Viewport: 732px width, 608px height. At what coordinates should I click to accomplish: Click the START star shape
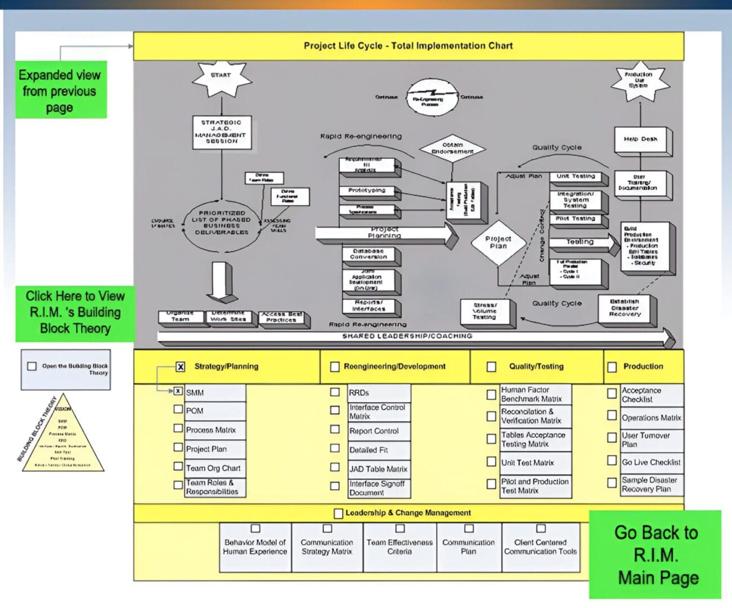pyautogui.click(x=221, y=77)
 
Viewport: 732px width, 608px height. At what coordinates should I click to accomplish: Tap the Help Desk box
pyautogui.click(x=640, y=140)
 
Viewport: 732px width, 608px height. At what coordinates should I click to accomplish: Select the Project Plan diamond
pyautogui.click(x=498, y=243)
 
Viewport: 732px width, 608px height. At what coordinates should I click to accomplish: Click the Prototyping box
pyautogui.click(x=367, y=191)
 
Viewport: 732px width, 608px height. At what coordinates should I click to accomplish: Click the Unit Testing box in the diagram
pyautogui.click(x=576, y=177)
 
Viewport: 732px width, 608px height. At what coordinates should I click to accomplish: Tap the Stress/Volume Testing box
pyautogui.click(x=484, y=311)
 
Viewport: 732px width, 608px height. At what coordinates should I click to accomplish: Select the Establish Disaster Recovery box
pyautogui.click(x=625, y=308)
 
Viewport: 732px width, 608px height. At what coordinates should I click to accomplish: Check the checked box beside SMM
pyautogui.click(x=178, y=391)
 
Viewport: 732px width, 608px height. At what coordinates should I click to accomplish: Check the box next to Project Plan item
pyautogui.click(x=178, y=448)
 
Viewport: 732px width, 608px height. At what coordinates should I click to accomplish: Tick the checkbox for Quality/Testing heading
pyautogui.click(x=491, y=366)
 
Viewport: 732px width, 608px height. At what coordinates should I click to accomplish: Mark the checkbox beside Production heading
pyautogui.click(x=612, y=367)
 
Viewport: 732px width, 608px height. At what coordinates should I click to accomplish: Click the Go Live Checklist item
pyautogui.click(x=651, y=462)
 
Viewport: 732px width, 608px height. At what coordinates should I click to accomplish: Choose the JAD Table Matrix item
pyautogui.click(x=378, y=468)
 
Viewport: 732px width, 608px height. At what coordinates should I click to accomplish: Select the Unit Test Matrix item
pyautogui.click(x=528, y=463)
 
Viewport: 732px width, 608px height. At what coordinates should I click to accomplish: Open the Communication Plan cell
pyautogui.click(x=468, y=547)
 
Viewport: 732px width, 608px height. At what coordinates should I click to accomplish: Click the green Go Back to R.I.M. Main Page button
pyautogui.click(x=655, y=555)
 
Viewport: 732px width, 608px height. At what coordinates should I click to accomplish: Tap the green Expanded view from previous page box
pyautogui.click(x=60, y=90)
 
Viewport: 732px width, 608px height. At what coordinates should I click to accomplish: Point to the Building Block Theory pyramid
pyautogui.click(x=62, y=433)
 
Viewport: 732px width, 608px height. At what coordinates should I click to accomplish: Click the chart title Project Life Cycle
pyautogui.click(x=408, y=46)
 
